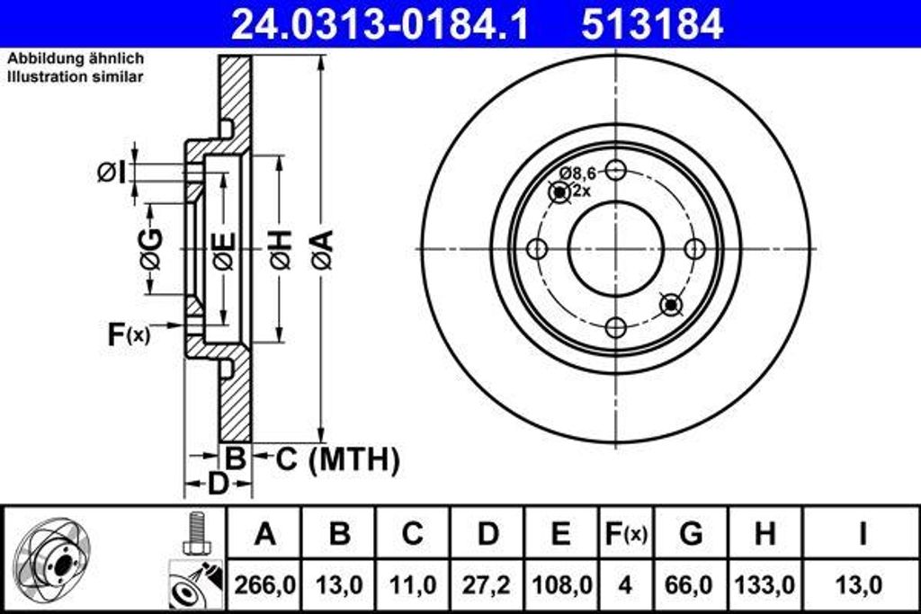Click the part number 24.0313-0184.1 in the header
click(379, 24)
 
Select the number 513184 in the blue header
click(652, 24)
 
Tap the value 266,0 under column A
click(264, 585)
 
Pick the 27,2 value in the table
click(487, 585)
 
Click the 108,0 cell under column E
click(559, 585)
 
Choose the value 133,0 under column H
click(765, 585)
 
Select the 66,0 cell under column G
click(691, 585)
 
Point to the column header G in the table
click(691, 534)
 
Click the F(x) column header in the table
click(624, 534)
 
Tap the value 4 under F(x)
click(624, 585)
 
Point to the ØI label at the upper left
click(112, 171)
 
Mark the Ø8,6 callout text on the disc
click(577, 173)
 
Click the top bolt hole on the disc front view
click(615, 169)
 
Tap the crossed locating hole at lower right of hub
click(671, 305)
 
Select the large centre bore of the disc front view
click(615, 248)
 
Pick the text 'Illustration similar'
click(76, 77)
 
